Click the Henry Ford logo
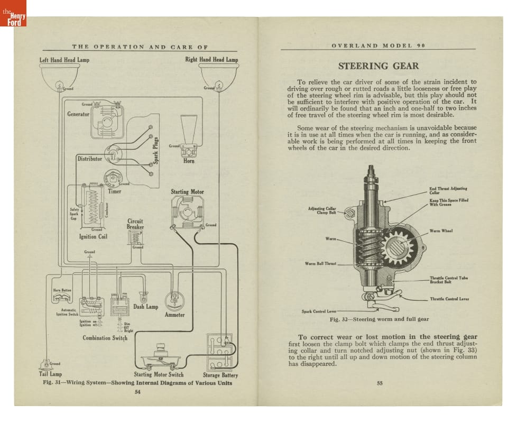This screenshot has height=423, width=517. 13,13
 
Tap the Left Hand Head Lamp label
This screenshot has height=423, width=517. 64,60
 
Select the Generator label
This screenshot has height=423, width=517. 78,114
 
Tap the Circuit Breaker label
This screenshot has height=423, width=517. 135,224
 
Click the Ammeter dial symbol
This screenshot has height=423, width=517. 174,300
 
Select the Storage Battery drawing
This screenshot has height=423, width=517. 220,352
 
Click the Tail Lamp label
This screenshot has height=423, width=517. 51,374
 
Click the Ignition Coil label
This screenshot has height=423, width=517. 93,236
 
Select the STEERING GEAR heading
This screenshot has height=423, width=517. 378,66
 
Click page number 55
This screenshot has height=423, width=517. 379,383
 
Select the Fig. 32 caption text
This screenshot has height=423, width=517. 379,319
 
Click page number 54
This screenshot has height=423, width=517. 137,392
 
